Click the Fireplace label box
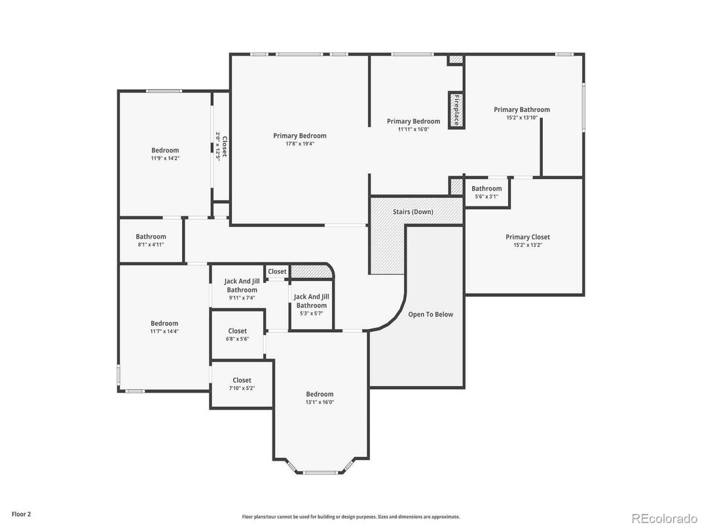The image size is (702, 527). click(x=456, y=110)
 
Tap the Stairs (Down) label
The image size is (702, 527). click(x=413, y=212)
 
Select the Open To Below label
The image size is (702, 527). click(x=430, y=315)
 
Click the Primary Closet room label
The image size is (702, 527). click(x=527, y=237)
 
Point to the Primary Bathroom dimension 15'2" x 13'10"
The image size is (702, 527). click(x=521, y=118)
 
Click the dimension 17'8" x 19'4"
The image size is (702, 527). click(x=299, y=144)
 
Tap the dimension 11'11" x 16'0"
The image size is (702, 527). click(x=413, y=129)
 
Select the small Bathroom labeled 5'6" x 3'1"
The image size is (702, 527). click(x=486, y=193)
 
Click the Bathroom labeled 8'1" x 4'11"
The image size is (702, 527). click(x=151, y=241)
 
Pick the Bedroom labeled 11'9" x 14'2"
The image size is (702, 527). click(x=164, y=154)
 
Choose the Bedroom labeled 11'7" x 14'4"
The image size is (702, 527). click(x=164, y=327)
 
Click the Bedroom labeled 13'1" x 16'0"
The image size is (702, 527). click(x=320, y=398)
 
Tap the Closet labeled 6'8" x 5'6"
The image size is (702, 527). click(x=237, y=335)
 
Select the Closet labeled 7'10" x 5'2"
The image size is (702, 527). click(x=242, y=384)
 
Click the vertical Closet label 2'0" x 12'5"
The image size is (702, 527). click(x=221, y=146)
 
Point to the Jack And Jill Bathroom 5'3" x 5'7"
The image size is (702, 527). click(x=311, y=305)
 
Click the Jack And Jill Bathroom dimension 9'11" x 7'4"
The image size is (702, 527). click(x=242, y=298)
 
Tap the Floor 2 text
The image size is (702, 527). click(x=21, y=515)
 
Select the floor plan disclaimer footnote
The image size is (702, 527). click(x=350, y=517)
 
